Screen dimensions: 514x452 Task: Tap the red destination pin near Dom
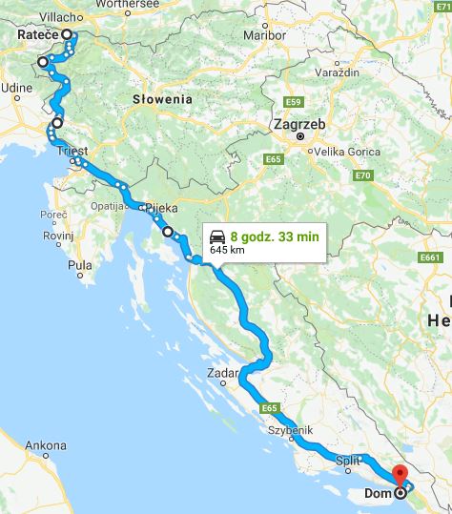tap(399, 474)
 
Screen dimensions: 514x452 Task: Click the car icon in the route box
tap(217, 236)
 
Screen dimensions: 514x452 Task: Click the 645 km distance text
tap(226, 250)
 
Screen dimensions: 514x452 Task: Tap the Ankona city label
tap(45, 445)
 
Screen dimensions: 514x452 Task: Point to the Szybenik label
tap(291, 430)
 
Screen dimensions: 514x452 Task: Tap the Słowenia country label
tap(162, 98)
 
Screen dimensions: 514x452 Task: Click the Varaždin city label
tap(336, 72)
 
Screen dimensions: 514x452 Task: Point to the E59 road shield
tap(294, 102)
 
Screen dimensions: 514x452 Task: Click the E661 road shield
tap(430, 257)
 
